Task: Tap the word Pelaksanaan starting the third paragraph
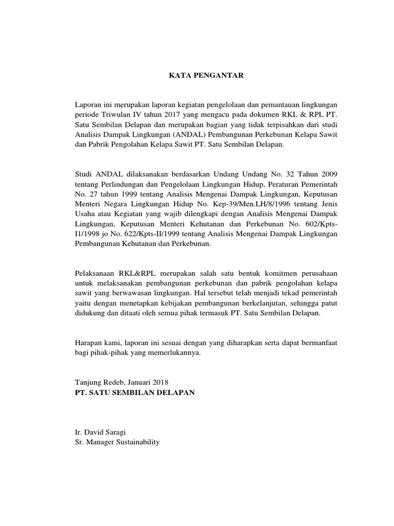[96, 273]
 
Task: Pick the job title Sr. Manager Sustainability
[117, 442]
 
